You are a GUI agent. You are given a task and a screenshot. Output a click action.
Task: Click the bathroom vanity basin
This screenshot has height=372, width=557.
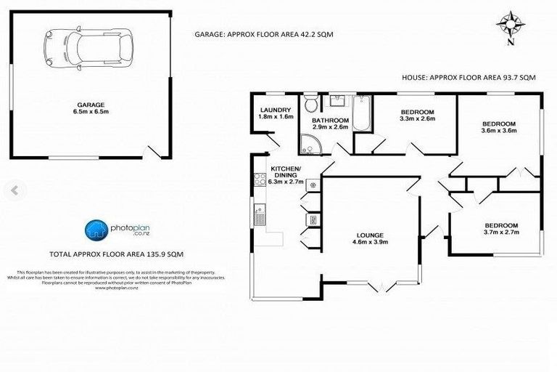point(339,100)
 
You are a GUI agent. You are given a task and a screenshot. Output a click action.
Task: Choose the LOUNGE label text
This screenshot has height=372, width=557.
point(369,235)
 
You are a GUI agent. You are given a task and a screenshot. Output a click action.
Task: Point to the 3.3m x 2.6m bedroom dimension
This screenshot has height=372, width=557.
point(417,118)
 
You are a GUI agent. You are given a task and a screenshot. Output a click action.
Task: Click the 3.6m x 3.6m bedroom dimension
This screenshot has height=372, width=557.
point(499,132)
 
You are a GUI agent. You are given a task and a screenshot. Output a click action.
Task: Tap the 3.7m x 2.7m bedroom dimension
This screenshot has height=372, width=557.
point(501,232)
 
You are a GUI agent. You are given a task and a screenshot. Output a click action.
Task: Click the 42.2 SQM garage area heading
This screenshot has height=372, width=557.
point(264,33)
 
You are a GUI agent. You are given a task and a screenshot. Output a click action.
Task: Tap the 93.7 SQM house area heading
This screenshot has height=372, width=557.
point(468,77)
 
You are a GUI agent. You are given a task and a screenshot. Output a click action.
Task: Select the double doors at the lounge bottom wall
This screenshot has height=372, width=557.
point(381,287)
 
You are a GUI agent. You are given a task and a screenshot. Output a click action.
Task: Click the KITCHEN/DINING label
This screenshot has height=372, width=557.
point(286,172)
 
